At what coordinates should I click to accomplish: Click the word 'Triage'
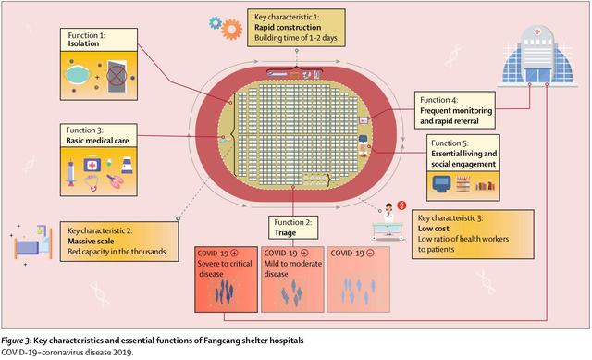coord(288,235)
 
